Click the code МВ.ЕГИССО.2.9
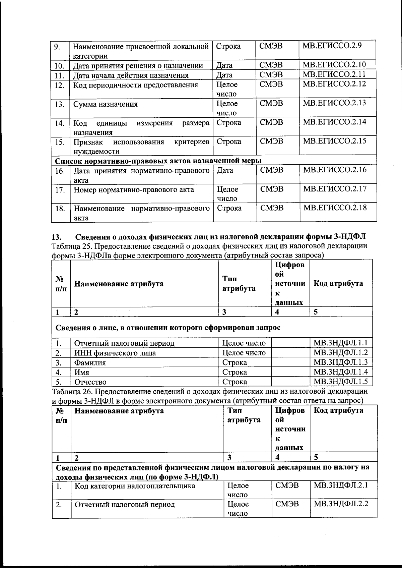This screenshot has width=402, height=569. click(332, 45)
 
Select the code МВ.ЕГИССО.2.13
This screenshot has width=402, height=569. click(334, 103)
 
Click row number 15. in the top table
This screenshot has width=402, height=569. click(60, 142)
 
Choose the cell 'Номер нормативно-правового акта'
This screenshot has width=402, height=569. click(134, 190)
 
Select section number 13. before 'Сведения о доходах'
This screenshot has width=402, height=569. click(57, 237)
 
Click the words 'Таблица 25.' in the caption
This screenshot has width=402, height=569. click(71, 246)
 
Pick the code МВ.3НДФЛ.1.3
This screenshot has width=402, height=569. click(340, 362)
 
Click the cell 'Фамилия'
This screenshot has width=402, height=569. click(90, 363)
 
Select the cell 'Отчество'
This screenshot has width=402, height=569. click(90, 382)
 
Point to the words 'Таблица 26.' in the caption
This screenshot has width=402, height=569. click(71, 391)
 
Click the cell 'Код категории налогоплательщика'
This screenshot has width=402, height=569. click(135, 486)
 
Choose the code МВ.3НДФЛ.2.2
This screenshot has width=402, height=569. click(341, 504)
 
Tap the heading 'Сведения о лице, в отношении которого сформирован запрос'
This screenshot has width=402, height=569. click(167, 328)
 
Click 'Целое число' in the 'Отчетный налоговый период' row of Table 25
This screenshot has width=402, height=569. click(244, 343)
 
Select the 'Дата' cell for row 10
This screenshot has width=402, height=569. click(224, 65)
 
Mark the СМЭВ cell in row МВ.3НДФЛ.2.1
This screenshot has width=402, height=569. click(287, 485)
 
